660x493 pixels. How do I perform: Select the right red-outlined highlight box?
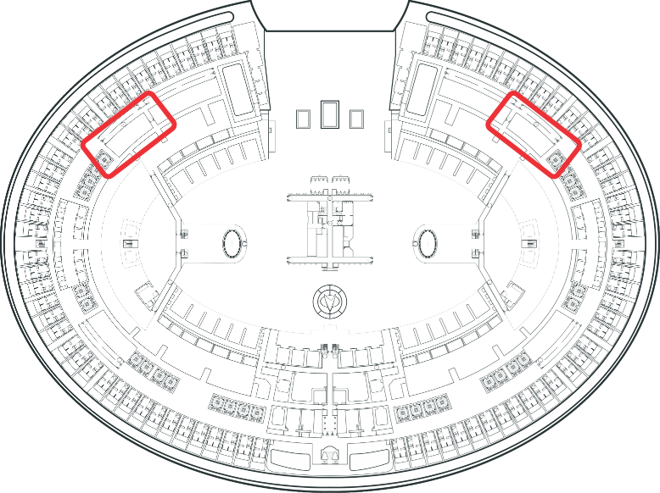[x=534, y=135]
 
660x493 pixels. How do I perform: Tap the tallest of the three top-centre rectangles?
[x=330, y=114]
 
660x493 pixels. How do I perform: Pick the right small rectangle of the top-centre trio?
[x=356, y=118]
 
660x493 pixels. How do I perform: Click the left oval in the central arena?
[x=232, y=243]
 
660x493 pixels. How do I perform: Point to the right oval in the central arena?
[x=429, y=243]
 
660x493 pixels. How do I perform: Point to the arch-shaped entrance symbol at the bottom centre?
[x=331, y=455]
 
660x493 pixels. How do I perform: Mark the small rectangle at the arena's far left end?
[x=130, y=243]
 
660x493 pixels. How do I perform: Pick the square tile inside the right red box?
[x=557, y=158]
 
